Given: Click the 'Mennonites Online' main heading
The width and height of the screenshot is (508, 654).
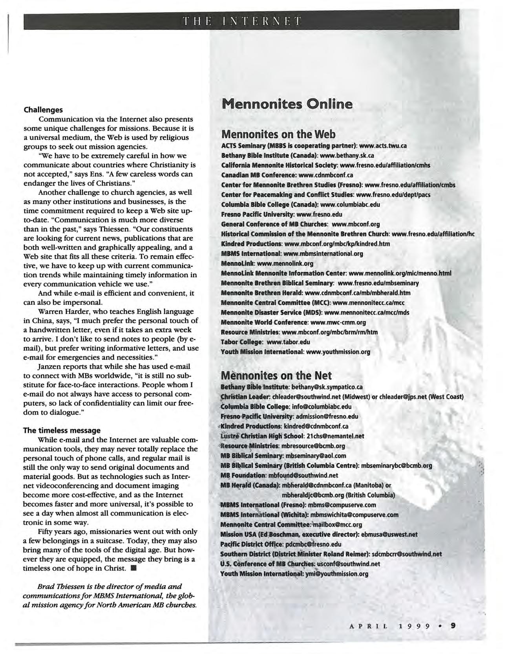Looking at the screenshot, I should click(287, 104).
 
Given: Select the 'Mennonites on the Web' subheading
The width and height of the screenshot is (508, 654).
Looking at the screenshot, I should click(278, 134).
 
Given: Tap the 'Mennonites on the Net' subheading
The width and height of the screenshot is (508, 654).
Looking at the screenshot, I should click(276, 375).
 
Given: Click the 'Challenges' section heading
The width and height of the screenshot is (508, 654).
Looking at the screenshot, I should click(43, 110).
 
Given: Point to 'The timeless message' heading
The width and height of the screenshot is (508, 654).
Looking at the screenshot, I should click(62, 430).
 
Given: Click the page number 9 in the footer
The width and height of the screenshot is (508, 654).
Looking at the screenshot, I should click(453, 626).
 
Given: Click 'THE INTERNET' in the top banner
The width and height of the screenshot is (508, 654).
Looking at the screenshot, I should click(241, 20).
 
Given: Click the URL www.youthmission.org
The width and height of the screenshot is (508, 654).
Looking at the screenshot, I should click(338, 352).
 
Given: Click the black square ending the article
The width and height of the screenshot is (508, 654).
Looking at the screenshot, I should click(134, 568).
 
